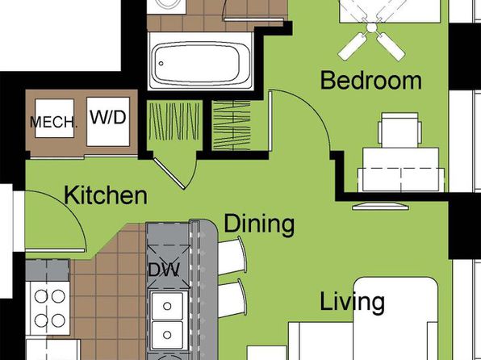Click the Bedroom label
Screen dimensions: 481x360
pyautogui.click(x=371, y=81)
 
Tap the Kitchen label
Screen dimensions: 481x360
pyautogui.click(x=106, y=195)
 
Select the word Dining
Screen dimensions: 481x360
pyautogui.click(x=259, y=224)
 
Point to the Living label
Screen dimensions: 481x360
pyautogui.click(x=352, y=303)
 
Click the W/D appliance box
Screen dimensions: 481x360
pyautogui.click(x=108, y=122)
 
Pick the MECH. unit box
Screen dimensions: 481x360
pyautogui.click(x=54, y=118)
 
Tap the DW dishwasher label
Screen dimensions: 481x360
pyautogui.click(x=164, y=270)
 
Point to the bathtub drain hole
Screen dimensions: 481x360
pyautogui.click(x=161, y=64)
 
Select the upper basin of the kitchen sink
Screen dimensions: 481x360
pyautogui.click(x=168, y=306)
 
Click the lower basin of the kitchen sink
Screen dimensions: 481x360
pyautogui.click(x=168, y=335)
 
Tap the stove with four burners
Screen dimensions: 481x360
pyautogui.click(x=48, y=308)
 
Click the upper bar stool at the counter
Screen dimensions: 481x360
pyautogui.click(x=232, y=256)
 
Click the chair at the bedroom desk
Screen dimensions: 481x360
pyautogui.click(x=399, y=130)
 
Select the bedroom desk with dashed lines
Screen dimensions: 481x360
pyautogui.click(x=401, y=170)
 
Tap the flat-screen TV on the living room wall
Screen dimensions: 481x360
pyautogui.click(x=381, y=207)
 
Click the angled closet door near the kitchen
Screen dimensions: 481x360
pyautogui.click(x=169, y=174)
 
